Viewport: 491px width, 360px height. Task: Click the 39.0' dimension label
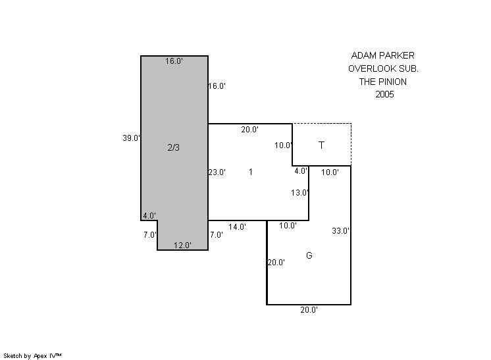tap(131, 138)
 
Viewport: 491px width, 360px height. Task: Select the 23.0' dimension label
tap(217, 172)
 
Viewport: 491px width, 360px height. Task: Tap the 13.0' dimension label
tap(300, 193)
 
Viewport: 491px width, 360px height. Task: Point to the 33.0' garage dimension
tap(341, 231)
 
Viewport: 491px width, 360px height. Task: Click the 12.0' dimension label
tap(182, 245)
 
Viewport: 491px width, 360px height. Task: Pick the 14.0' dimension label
tap(237, 227)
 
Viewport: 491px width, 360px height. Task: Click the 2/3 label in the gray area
tap(174, 147)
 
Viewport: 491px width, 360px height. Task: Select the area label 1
tap(251, 172)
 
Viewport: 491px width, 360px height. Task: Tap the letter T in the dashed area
tap(321, 145)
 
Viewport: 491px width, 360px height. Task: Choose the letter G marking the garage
tap(309, 255)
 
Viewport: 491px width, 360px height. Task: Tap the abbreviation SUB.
tap(409, 69)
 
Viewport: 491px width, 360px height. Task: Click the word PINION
tap(392, 82)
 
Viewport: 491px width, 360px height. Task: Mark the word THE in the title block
tap(367, 82)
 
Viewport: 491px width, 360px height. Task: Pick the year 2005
tap(384, 95)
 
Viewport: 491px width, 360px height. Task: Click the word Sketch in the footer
tap(13, 356)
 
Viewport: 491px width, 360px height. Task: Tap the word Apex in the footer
tap(40, 356)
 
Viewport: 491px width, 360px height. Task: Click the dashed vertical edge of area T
tap(351, 145)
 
